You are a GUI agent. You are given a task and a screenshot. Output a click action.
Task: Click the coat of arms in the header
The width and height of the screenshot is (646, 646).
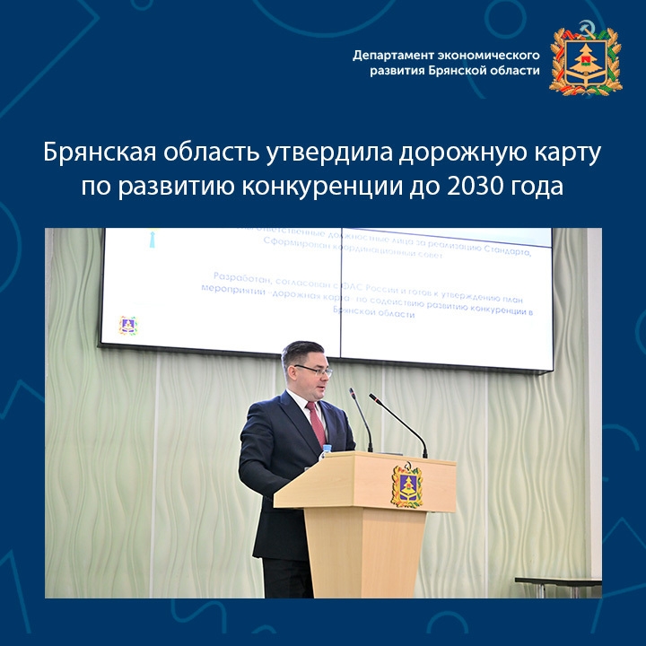coord(585,59)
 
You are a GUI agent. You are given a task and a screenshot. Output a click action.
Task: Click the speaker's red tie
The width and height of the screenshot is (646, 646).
coord(317,423)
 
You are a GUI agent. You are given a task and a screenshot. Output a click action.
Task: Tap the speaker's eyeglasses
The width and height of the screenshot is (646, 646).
coord(315,370)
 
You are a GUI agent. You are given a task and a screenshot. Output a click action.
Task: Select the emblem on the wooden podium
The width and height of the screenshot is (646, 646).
coord(406,484)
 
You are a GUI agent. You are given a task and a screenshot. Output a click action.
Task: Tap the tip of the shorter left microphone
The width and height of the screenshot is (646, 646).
coord(352,391)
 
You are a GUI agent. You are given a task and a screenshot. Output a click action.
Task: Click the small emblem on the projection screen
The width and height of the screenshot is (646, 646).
coord(127,325)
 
